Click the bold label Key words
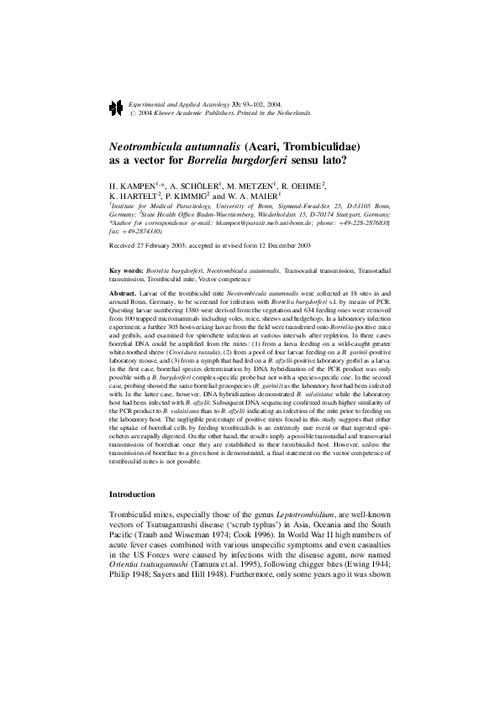[x=126, y=272]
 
